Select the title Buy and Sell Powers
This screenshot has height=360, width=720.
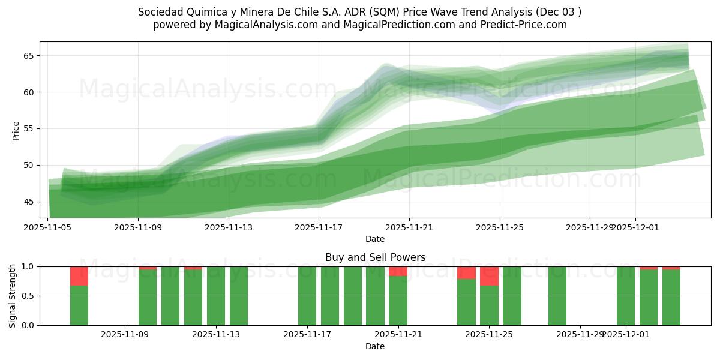[375, 257]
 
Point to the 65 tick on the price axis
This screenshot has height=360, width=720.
[28, 56]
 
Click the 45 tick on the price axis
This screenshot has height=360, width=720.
[28, 202]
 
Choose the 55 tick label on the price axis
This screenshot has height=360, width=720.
[28, 129]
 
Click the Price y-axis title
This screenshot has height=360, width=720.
[16, 130]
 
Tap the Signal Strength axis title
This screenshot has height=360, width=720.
[13, 296]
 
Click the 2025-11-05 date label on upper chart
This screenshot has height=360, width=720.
[49, 227]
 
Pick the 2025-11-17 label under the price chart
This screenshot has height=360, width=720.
[319, 227]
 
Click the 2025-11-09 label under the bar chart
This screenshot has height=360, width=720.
[125, 335]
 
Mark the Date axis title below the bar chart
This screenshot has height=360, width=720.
[375, 346]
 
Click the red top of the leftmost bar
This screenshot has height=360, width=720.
[79, 276]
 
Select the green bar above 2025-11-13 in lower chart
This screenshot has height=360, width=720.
[216, 297]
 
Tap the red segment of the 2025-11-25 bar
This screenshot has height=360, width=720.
[489, 276]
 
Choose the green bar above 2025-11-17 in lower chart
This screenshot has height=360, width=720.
[307, 297]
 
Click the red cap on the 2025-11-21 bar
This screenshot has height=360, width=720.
[398, 271]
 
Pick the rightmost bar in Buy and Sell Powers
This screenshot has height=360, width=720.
[671, 297]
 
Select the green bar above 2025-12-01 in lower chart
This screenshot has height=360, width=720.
[626, 297]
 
